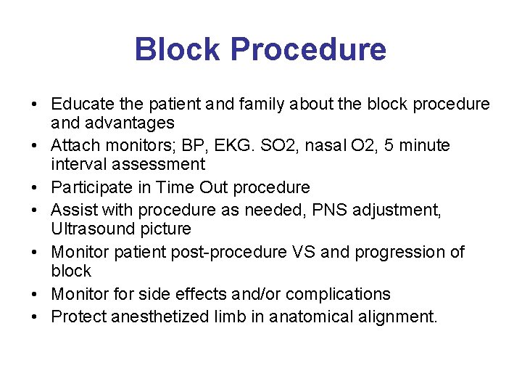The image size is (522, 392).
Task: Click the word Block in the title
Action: [178, 49]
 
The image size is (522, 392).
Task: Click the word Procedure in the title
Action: [308, 49]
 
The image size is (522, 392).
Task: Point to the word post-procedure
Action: [228, 252]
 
